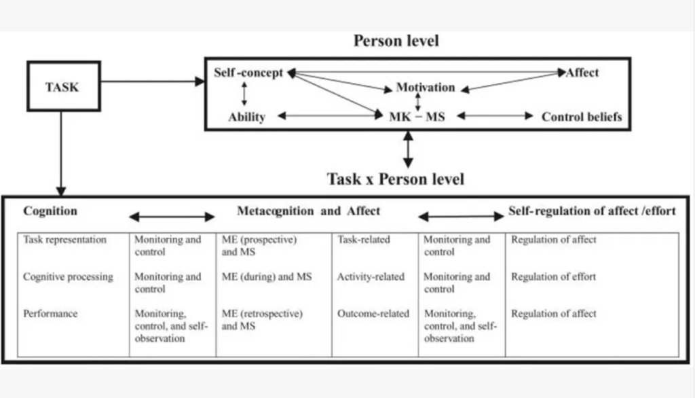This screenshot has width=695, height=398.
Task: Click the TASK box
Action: point(62,87)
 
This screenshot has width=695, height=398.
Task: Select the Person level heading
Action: point(396,41)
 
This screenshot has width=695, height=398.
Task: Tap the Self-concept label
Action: point(248,73)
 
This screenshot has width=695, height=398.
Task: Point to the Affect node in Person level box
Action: point(582,73)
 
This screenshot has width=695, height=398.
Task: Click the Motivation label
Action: point(426,88)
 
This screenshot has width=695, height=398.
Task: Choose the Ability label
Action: point(246,117)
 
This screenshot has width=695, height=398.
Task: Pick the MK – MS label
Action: point(417,117)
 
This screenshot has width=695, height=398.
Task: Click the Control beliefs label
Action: point(581,117)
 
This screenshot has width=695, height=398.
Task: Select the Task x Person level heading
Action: point(396,179)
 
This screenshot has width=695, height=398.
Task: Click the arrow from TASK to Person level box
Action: point(153,82)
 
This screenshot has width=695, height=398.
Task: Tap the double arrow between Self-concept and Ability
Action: point(243,94)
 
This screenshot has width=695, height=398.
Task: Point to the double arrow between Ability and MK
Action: point(331,116)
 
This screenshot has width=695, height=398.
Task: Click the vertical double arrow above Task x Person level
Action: point(408,149)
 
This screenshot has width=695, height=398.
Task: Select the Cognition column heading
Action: point(50,211)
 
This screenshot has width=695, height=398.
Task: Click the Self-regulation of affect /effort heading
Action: point(592,211)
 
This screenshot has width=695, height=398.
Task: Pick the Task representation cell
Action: point(64,240)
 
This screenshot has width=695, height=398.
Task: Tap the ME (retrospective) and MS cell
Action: point(262,319)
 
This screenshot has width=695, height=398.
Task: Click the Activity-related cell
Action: point(371,277)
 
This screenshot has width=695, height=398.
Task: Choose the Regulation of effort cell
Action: point(554,277)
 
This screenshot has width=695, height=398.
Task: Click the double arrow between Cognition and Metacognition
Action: point(172,217)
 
